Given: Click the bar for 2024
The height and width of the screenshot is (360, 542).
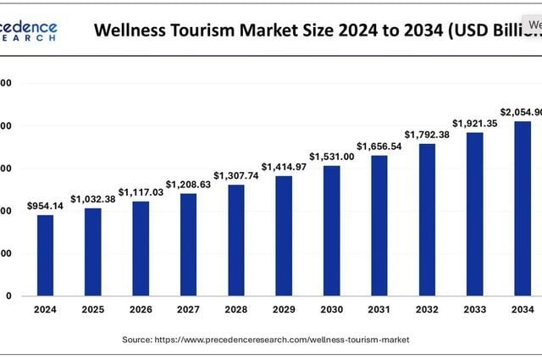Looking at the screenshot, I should pos(45,255).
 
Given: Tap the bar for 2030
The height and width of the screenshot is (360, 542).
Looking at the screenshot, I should pos(331,230).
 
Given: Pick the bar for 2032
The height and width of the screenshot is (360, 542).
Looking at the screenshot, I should pos(427,219).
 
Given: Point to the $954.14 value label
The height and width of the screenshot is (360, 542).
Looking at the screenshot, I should pos(45,206).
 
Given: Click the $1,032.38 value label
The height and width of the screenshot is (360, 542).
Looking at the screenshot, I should pos(92,199).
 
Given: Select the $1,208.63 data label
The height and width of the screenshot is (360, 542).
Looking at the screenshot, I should pos(188,184).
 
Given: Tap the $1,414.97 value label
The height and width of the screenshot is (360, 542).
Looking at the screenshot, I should pos(284,166).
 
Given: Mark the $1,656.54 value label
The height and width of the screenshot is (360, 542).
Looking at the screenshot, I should pos(379,146).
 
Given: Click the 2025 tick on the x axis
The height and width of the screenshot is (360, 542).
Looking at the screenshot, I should pos(92,310).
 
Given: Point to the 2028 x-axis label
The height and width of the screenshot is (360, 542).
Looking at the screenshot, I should pos(235,310).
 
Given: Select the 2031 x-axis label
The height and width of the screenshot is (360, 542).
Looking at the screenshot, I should pos(379,310).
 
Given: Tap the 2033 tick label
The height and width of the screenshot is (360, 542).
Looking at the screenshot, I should pos(474,310).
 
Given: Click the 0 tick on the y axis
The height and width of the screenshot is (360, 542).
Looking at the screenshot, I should pos(8,296).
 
